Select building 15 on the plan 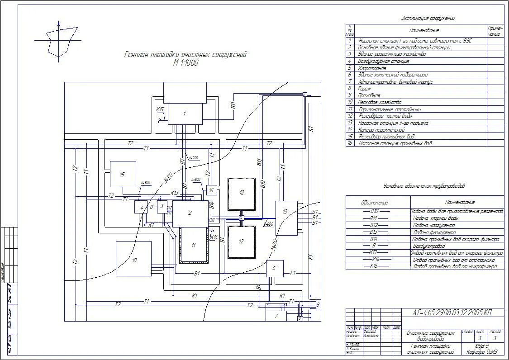pos(123,174)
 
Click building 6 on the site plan pos(274,268)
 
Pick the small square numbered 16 pos(211,190)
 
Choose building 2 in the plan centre pos(190,213)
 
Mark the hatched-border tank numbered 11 pos(194,245)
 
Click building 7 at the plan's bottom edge pos(277,316)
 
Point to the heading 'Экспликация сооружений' pos(428,19)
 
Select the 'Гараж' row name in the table pos(365,89)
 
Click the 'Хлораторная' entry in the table pos(372,68)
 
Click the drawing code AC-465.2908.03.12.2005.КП pos(452,313)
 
